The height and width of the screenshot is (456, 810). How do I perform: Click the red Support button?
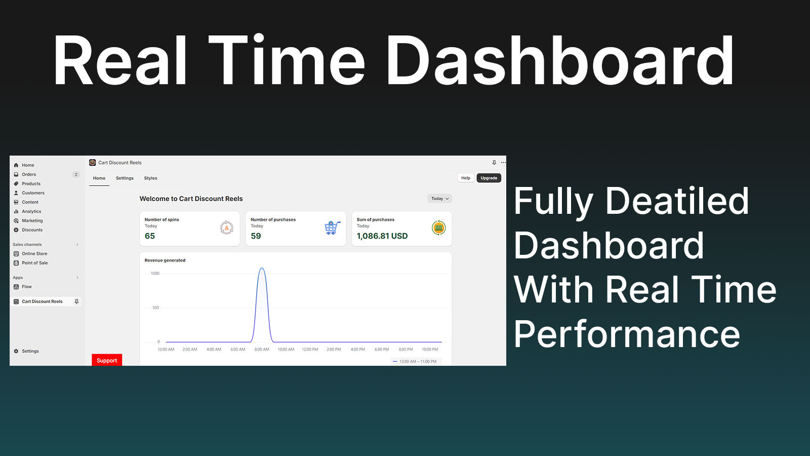[107, 360]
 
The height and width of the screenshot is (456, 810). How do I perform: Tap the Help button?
[465, 178]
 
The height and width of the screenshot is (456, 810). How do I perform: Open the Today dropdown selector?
[440, 199]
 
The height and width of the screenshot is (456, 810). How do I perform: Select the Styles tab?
[150, 178]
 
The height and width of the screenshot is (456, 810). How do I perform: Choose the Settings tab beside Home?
[125, 178]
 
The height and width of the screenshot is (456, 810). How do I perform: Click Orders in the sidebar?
[29, 174]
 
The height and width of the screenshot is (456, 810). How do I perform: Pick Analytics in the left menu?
[31, 211]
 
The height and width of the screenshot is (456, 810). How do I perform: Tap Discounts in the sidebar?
[32, 230]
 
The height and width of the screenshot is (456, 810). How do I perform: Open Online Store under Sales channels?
[34, 254]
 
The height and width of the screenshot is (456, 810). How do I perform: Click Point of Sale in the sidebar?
[35, 263]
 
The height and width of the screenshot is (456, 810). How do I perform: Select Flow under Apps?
[27, 287]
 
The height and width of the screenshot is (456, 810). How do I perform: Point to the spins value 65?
[150, 236]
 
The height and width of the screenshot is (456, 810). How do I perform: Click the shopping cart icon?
[332, 228]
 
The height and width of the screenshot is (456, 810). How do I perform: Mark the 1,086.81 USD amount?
[382, 236]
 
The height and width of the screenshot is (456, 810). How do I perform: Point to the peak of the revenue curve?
[262, 268]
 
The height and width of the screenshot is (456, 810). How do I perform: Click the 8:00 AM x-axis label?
[262, 350]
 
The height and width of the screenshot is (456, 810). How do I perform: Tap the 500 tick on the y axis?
[155, 308]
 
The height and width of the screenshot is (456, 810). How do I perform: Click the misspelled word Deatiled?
[676, 201]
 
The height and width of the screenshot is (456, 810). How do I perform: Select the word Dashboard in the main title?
[560, 60]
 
